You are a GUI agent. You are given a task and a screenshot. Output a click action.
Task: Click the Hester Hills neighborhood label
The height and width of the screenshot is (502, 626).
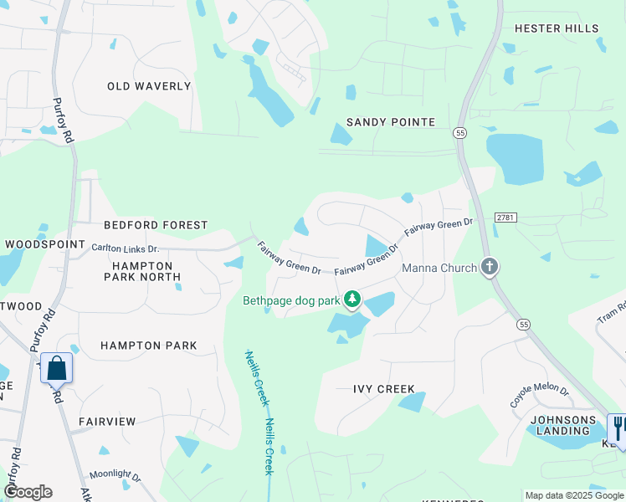[557, 28]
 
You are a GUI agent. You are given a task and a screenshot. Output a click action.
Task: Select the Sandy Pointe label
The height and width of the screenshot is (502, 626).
[391, 122]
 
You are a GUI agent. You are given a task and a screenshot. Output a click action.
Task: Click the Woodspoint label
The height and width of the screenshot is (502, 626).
[45, 244]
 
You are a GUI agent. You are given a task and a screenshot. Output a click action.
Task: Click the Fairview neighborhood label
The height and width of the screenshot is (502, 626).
[107, 422]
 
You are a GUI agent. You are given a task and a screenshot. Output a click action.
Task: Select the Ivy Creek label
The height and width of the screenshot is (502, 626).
[384, 389]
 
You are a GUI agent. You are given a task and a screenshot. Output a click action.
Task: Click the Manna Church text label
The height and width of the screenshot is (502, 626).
[439, 268]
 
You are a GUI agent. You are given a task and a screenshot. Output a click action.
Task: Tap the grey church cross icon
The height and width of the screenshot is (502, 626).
[490, 268]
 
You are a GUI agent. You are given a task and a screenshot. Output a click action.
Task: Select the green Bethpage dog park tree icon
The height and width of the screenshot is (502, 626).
[352, 299]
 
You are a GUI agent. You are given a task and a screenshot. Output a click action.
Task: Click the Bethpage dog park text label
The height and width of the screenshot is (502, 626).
[291, 300]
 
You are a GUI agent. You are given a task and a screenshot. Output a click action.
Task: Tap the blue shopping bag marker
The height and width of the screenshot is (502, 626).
[56, 368]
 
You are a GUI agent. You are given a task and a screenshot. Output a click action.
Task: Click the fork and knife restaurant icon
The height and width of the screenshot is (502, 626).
[618, 428]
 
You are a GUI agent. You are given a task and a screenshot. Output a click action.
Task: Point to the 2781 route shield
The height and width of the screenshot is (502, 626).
[504, 218]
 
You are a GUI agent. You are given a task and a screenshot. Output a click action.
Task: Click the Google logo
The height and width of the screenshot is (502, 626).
[28, 492]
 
